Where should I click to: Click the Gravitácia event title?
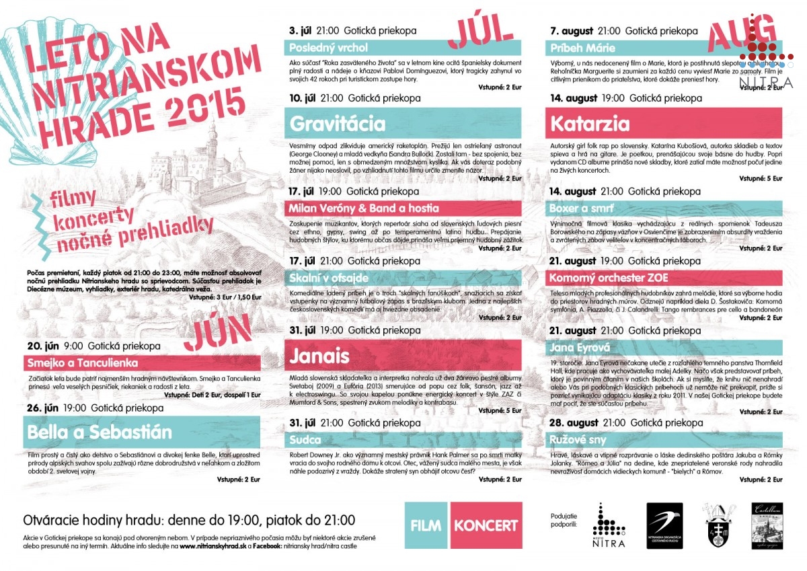[x=338, y=124]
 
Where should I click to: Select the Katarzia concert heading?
[x=590, y=124]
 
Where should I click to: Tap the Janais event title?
[x=319, y=355]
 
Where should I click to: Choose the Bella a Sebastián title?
[x=100, y=432]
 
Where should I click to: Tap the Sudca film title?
[x=307, y=441]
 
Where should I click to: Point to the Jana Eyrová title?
[x=580, y=347]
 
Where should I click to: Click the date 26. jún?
[x=41, y=408]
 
